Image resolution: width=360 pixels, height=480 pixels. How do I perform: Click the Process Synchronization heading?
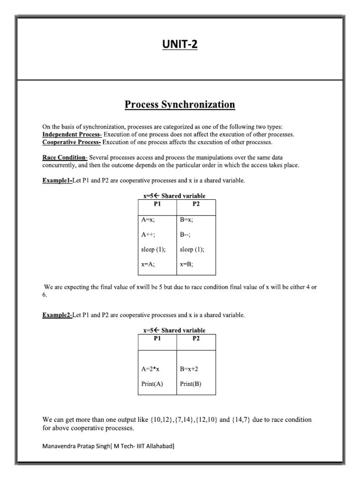(x=180, y=105)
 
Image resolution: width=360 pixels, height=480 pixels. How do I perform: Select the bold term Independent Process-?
(x=72, y=135)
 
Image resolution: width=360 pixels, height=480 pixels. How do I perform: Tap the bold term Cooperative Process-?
(x=71, y=142)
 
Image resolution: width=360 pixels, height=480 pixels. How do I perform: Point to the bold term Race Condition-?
(x=65, y=157)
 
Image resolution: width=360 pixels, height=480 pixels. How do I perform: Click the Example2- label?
(x=57, y=315)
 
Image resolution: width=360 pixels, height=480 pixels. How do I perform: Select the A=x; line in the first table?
(x=148, y=219)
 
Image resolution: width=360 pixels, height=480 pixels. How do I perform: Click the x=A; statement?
(x=148, y=264)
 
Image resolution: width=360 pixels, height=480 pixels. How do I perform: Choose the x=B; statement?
(x=187, y=264)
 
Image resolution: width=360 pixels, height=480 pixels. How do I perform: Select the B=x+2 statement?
(x=192, y=369)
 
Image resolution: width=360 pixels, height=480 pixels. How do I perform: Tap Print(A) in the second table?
(x=152, y=384)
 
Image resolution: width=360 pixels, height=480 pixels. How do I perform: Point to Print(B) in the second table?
(x=191, y=384)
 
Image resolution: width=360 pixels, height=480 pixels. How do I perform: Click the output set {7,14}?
(x=183, y=420)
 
